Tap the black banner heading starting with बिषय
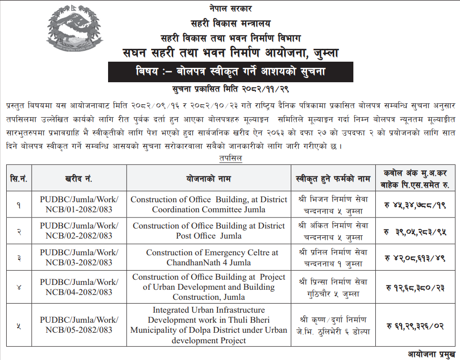230,72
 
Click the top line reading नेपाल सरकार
230,8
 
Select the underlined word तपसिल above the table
230,158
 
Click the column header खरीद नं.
79,178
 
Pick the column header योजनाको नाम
208,178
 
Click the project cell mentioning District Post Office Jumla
208,231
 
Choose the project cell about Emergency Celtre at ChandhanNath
208,258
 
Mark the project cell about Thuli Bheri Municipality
208,325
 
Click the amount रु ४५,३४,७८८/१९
415,205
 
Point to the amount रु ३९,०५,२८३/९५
415,231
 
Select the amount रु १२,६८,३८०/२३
415,288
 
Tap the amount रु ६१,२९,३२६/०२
415,326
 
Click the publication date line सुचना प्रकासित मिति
230,89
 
